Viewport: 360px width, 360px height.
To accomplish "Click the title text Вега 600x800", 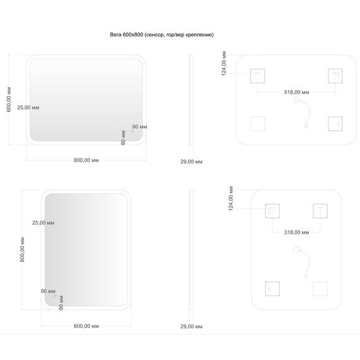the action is (126, 35).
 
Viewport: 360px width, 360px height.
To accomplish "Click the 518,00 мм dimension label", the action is (296, 92).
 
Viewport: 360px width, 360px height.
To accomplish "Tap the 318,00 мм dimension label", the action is (296, 232).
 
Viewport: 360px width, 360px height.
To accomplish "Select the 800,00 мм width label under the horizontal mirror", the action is (87, 160).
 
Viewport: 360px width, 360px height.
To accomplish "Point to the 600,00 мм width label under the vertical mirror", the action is (87, 326).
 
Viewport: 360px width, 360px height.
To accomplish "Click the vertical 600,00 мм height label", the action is (9, 99).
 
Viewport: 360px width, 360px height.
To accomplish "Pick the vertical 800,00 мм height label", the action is (22, 249).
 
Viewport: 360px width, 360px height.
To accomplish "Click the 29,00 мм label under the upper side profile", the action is (191, 162).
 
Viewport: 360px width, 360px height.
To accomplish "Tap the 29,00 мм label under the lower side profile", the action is (191, 327).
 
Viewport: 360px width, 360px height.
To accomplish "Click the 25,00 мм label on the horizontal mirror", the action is (28, 107).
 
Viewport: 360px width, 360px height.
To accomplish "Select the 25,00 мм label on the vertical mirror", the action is (43, 223).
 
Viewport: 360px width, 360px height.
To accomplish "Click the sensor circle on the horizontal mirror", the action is (133, 131).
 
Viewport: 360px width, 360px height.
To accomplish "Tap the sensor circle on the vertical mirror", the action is (55, 296).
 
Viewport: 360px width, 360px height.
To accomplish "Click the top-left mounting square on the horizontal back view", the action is (258, 76).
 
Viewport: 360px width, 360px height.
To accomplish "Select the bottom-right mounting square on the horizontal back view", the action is (335, 124).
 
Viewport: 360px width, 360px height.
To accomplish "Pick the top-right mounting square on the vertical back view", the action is (320, 211).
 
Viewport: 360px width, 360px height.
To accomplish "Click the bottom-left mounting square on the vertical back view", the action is (272, 289).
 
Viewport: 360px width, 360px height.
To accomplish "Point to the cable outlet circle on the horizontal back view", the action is (296, 100).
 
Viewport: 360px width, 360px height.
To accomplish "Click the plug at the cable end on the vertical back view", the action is (306, 276).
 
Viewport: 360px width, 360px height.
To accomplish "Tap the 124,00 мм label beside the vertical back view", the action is (231, 198).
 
